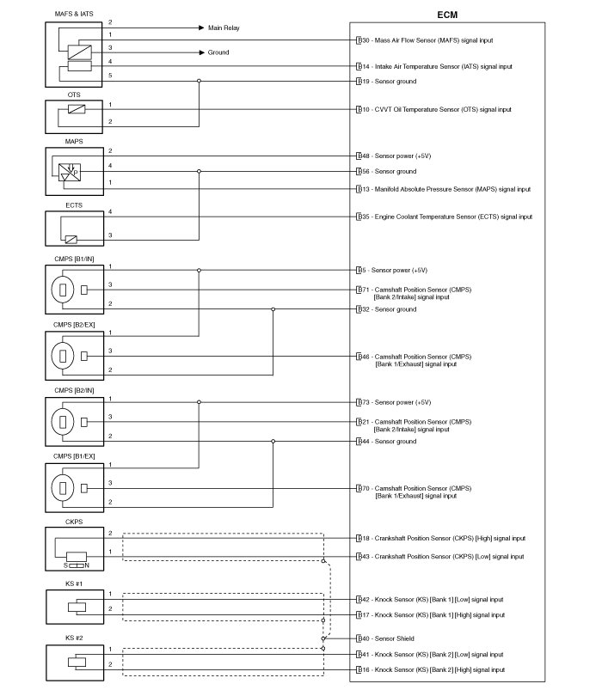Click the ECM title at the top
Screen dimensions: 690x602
coord(448,14)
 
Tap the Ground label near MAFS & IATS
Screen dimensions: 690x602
coord(218,52)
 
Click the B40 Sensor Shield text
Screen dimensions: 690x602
coord(396,638)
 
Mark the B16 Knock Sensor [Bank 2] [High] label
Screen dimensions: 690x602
coord(433,669)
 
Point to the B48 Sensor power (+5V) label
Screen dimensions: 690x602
coord(396,156)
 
